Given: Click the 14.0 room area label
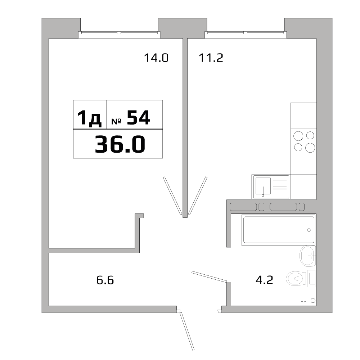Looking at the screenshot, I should click(x=156, y=58).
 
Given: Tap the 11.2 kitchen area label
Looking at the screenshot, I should click(x=211, y=58).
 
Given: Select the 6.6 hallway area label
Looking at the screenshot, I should click(x=105, y=280).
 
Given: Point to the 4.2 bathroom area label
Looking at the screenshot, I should click(x=264, y=280).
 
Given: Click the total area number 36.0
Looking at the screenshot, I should click(x=120, y=144).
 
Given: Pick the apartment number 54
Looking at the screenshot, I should click(x=138, y=118).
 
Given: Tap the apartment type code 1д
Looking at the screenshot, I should click(x=90, y=118).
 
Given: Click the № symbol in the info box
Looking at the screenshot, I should click(x=116, y=121).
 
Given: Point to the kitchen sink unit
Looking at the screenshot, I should click(x=271, y=187).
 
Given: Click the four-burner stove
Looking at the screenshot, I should click(x=303, y=141).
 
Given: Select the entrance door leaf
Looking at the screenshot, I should click(x=188, y=331).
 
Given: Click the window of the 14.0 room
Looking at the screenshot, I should click(x=119, y=33).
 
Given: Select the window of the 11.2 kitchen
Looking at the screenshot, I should click(x=246, y=33).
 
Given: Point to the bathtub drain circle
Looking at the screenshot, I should click(x=309, y=230).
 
